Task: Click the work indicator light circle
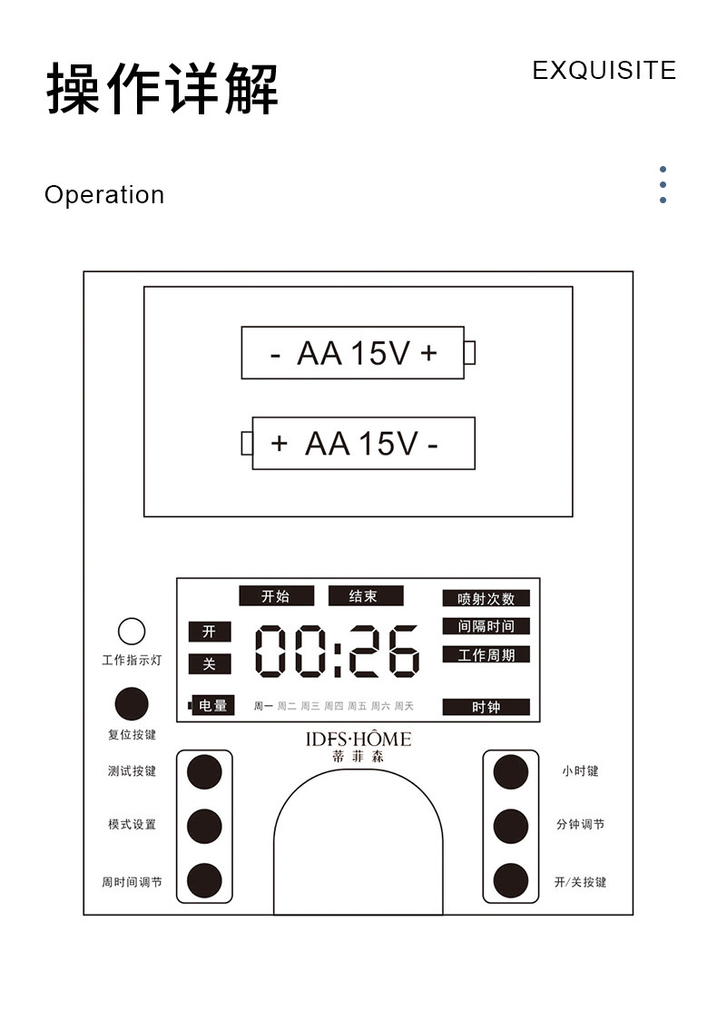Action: (x=132, y=632)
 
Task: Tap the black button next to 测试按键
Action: (x=204, y=771)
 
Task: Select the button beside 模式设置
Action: (x=204, y=826)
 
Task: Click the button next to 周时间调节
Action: (x=204, y=880)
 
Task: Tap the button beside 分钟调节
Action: (x=511, y=826)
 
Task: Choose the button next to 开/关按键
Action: (x=511, y=880)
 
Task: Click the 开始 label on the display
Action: (x=276, y=596)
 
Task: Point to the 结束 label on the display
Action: (x=365, y=596)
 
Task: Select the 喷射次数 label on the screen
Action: (x=486, y=599)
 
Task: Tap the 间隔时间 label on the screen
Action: (x=486, y=626)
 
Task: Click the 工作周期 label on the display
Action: (x=486, y=654)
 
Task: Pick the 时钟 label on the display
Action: (x=486, y=707)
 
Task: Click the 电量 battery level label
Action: (x=212, y=705)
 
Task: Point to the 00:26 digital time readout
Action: (x=337, y=651)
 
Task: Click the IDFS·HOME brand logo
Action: (x=358, y=740)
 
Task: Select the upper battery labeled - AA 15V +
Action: (x=353, y=353)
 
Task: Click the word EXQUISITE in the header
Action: (x=604, y=71)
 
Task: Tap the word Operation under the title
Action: (x=104, y=195)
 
